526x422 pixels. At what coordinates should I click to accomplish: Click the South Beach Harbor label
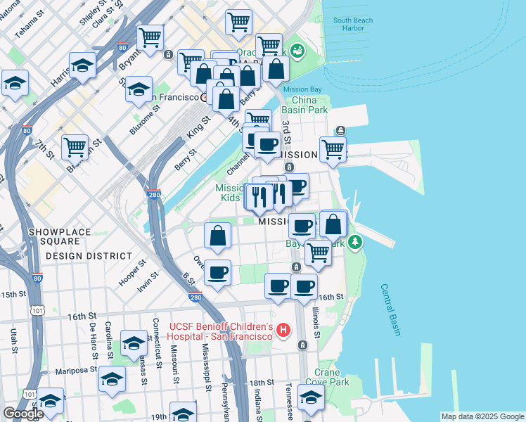[352, 24]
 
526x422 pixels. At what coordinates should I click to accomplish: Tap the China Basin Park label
[304, 105]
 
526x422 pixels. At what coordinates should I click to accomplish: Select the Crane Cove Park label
[332, 377]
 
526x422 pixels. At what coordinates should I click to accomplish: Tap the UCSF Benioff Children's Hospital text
[221, 331]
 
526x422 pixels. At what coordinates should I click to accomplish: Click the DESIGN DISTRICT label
[89, 256]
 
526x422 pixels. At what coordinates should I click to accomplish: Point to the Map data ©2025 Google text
[482, 416]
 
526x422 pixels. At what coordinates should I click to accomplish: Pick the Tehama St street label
[30, 27]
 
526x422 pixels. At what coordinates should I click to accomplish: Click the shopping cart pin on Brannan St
[75, 147]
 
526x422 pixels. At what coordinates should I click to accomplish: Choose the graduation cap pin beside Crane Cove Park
[311, 397]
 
